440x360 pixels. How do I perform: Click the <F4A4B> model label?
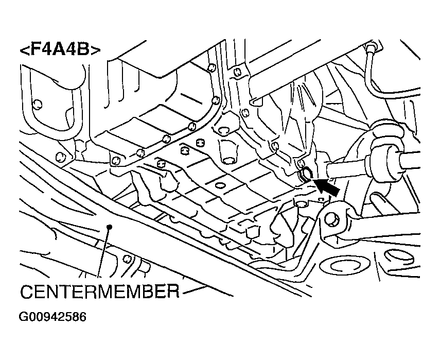coord(60,49)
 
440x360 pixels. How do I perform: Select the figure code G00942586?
coord(52,317)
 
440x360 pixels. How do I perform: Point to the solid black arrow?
coord(326,187)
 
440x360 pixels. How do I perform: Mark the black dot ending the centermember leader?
coord(110,227)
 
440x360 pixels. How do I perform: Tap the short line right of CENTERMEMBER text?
coord(195,290)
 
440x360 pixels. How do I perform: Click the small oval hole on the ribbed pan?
coord(220,185)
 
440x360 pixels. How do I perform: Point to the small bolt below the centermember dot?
coord(127,259)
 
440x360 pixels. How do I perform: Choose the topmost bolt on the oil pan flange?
coord(212,67)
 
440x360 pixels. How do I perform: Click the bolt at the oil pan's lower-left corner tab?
coord(115,161)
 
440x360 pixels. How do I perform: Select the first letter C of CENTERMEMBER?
coord(27,292)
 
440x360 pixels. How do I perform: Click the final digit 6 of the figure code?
coord(82,317)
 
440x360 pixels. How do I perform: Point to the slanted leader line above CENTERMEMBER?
coord(103,252)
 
